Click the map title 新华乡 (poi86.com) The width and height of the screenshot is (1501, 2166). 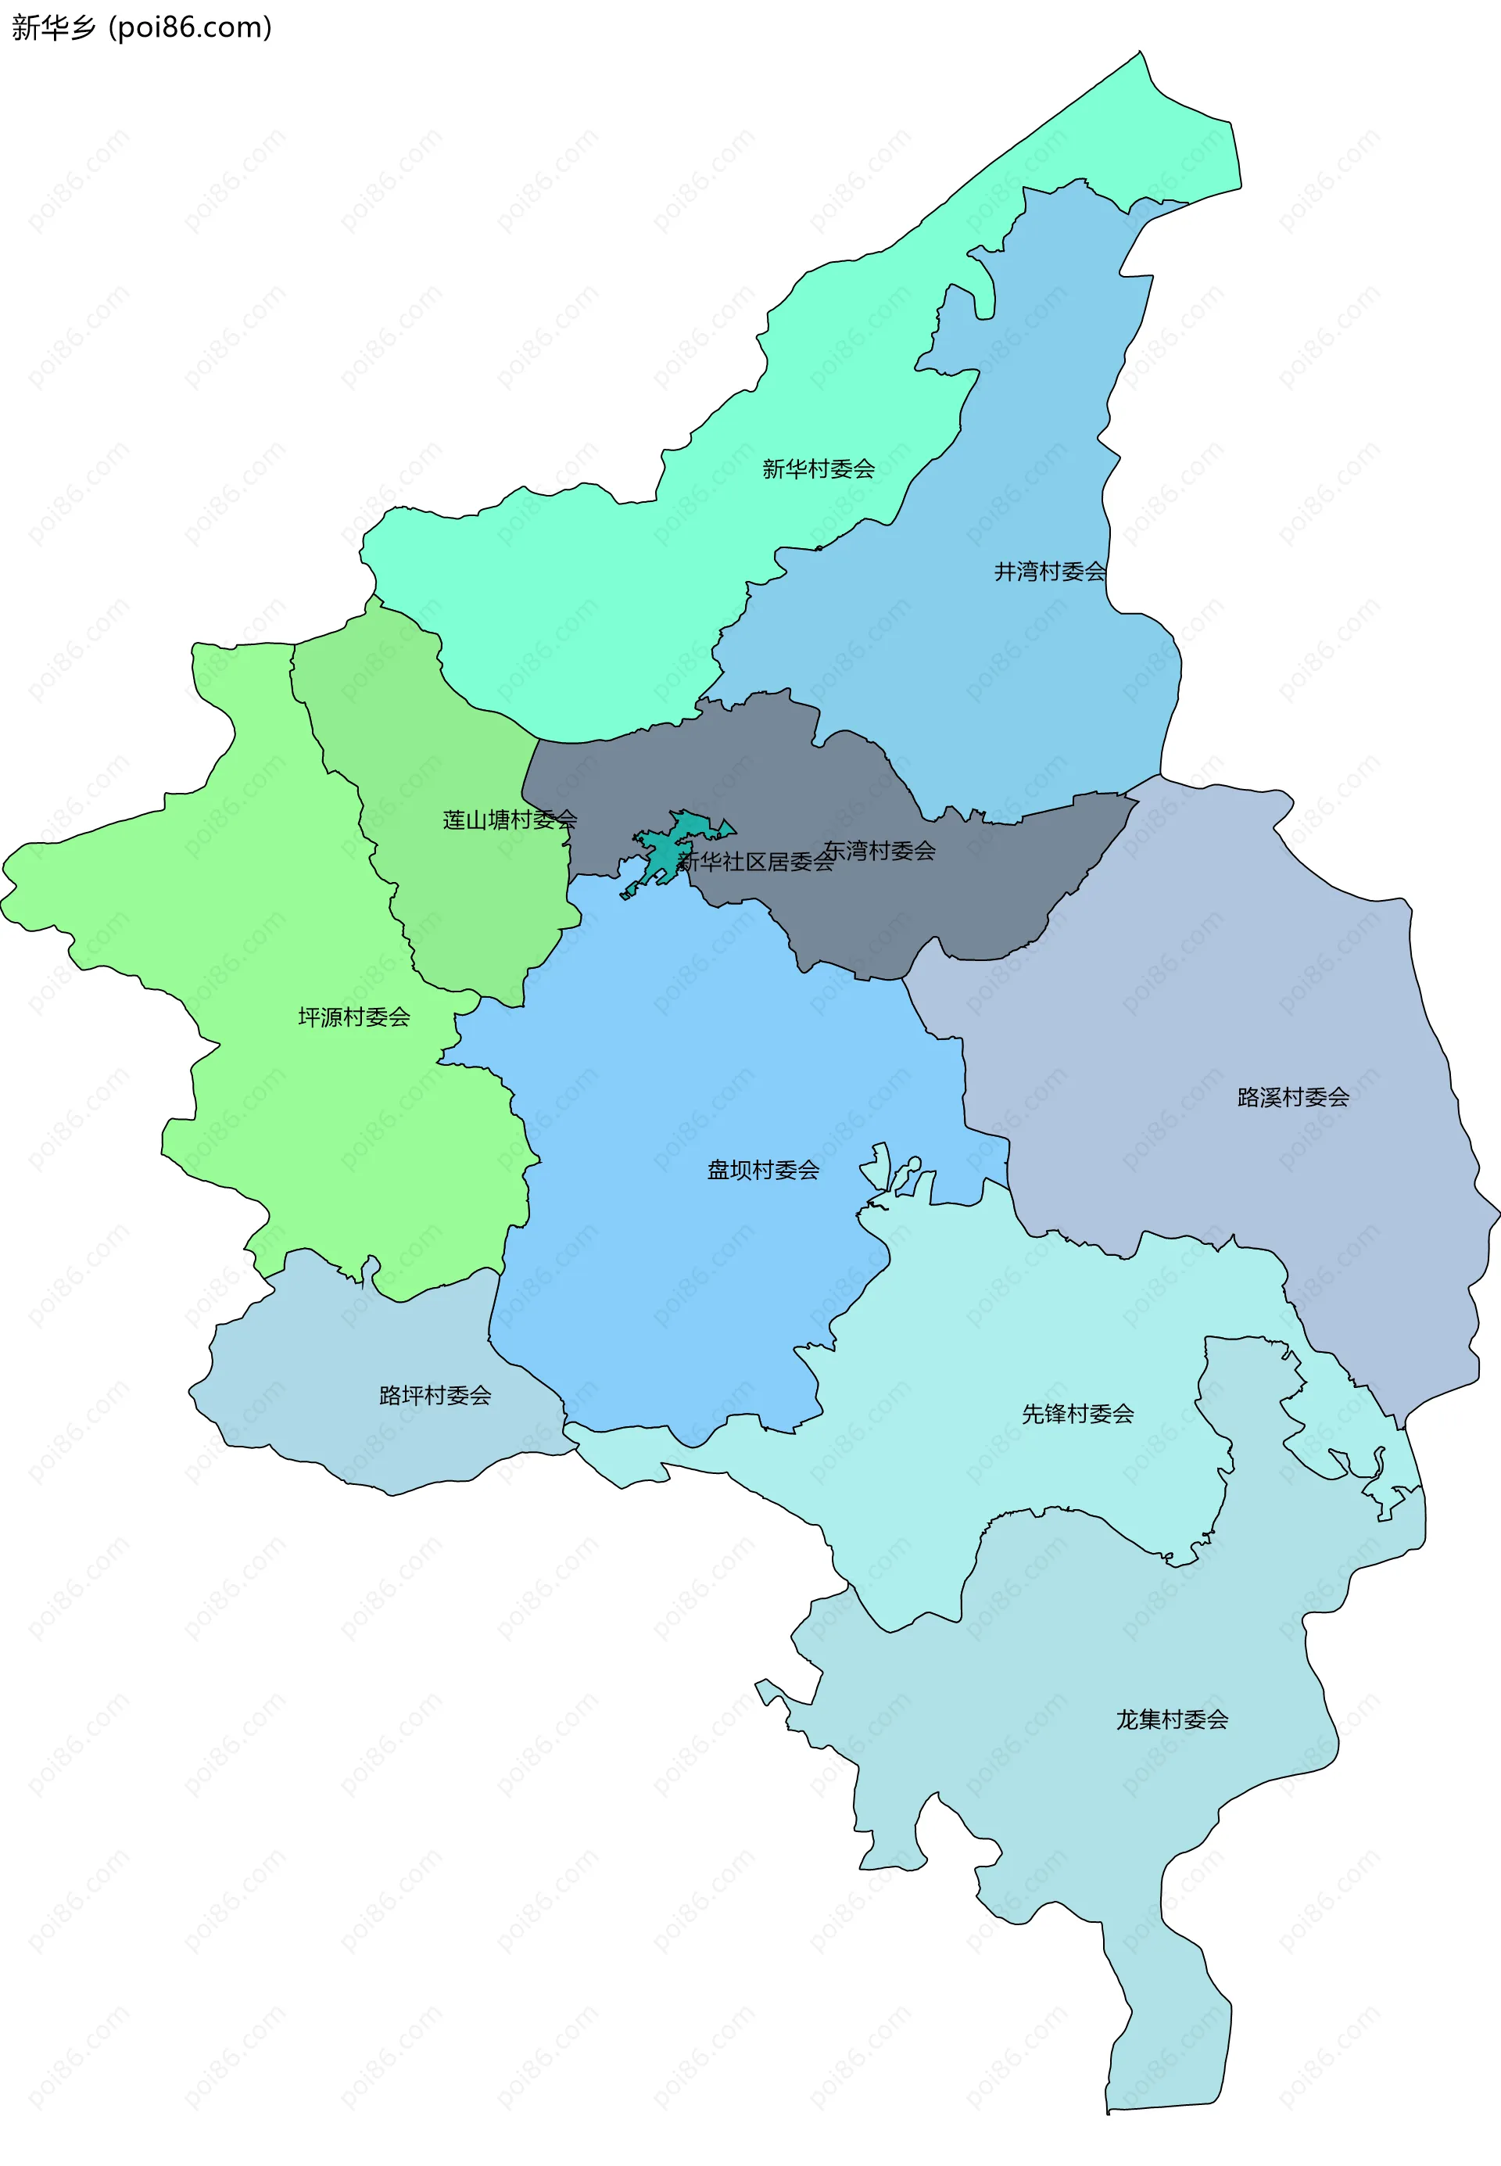(141, 27)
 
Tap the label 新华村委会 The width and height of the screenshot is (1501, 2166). (819, 468)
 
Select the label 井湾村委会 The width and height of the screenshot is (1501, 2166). (1050, 571)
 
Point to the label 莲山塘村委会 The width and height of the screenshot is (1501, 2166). (510, 820)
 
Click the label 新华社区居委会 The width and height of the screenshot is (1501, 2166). (755, 862)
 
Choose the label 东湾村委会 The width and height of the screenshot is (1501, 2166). (879, 850)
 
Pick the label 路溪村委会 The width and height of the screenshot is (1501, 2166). (1293, 1096)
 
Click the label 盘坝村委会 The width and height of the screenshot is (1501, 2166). (763, 1170)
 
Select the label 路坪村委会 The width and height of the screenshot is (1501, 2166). (435, 1395)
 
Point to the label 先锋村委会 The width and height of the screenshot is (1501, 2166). (1078, 1414)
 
